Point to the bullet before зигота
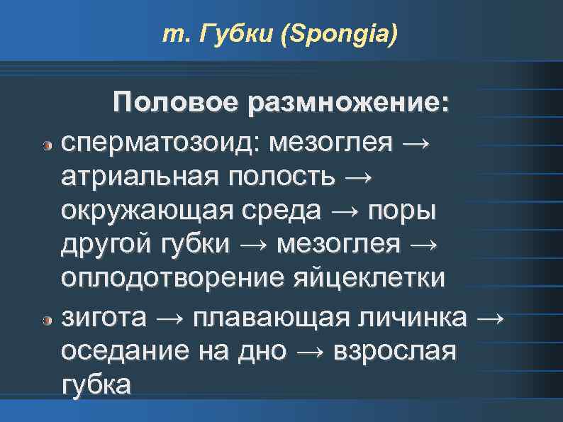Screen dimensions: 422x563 pyautogui.click(x=47, y=322)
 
